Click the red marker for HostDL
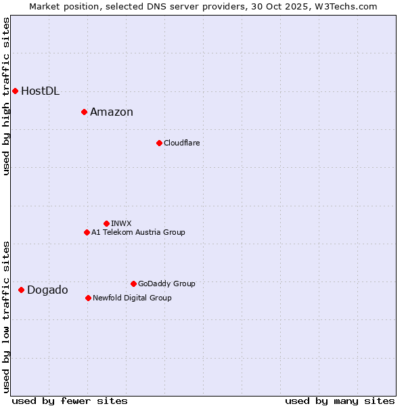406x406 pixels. (x=15, y=91)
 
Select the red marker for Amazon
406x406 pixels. (x=84, y=112)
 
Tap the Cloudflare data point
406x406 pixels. (x=159, y=143)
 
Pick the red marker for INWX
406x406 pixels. (x=106, y=223)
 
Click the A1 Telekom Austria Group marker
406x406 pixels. (x=87, y=232)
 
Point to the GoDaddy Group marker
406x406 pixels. (x=133, y=284)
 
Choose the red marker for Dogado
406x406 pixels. (x=21, y=290)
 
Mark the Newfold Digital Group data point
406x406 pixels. (x=88, y=298)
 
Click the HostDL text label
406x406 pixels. (x=40, y=91)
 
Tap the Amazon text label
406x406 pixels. (x=112, y=112)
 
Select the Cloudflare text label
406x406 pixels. (x=181, y=143)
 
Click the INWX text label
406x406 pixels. (x=121, y=223)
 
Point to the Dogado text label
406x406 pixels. (x=47, y=290)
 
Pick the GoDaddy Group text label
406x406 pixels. (x=166, y=284)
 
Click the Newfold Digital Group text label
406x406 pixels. (x=132, y=298)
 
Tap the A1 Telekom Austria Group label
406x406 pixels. (x=138, y=233)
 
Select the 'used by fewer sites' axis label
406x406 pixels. (x=70, y=401)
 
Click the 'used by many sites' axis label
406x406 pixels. (x=340, y=401)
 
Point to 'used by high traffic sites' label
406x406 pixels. (x=6, y=96)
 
